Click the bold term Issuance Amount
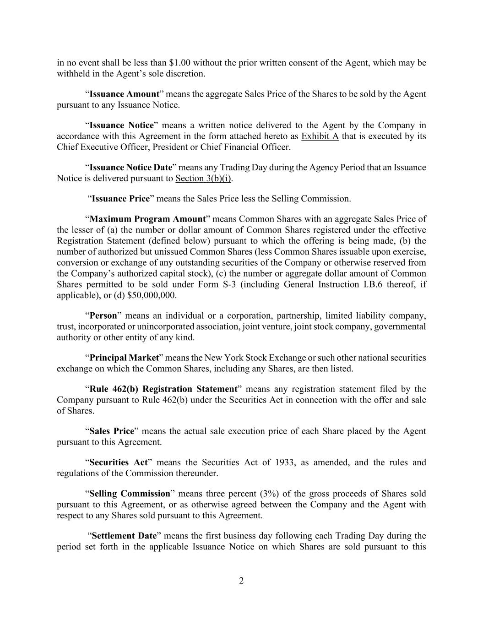coord(124,94)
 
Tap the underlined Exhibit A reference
coord(320,136)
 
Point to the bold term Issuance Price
coord(121,199)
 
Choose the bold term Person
coord(103,316)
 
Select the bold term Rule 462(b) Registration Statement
coord(163,389)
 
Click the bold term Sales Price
coord(111,431)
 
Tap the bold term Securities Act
coord(118,462)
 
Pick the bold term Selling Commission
coord(130,494)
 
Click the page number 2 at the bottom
coord(241,581)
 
